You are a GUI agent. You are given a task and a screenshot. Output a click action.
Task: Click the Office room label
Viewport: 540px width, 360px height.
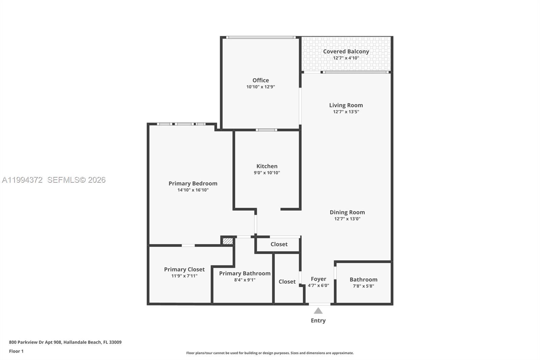261,80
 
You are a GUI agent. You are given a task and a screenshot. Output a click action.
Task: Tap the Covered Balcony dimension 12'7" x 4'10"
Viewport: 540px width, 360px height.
346,58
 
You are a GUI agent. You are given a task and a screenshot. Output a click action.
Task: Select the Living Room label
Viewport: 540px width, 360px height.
346,105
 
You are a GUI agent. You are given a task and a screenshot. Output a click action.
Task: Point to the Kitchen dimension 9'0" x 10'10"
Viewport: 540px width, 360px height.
267,173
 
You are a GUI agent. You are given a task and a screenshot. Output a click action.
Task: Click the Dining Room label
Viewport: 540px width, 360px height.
347,212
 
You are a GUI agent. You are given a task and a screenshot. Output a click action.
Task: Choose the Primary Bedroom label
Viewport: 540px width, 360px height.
193,183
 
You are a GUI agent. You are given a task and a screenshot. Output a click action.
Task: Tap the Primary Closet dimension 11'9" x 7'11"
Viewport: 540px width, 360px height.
184,276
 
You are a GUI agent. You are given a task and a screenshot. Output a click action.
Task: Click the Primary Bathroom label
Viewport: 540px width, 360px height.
245,273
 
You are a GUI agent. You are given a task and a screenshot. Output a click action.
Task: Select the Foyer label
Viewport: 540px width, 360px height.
318,279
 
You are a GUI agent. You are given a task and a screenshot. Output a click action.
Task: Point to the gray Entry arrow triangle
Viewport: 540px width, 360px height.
318,311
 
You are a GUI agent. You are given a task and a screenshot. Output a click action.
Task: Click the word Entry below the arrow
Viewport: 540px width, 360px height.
318,320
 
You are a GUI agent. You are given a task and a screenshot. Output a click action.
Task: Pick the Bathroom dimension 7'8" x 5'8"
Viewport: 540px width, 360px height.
363,286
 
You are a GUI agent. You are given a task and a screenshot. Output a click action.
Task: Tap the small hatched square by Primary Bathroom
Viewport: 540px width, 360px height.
228,241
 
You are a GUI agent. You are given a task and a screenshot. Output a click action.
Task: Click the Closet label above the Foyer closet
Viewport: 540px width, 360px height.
279,244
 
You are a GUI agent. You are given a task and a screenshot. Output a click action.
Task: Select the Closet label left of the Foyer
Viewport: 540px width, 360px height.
287,282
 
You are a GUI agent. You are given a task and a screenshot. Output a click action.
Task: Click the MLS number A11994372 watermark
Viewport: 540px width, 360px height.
23,180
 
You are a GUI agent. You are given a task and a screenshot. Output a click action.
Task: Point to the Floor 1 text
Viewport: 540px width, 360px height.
16,351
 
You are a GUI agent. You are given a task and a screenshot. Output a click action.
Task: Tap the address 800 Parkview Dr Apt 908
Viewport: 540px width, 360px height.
35,342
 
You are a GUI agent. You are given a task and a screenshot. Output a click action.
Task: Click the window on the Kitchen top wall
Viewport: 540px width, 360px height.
266,130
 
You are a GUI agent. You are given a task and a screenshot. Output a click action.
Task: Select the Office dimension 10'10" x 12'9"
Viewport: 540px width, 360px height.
261,87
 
